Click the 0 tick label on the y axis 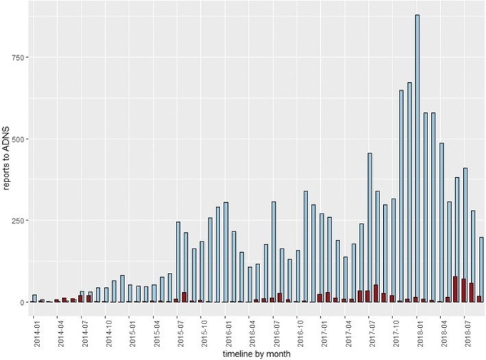coord(23,302)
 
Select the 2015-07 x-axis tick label coord(179,324)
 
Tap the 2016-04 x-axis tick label coord(250,324)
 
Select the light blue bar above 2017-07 coord(370,227)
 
